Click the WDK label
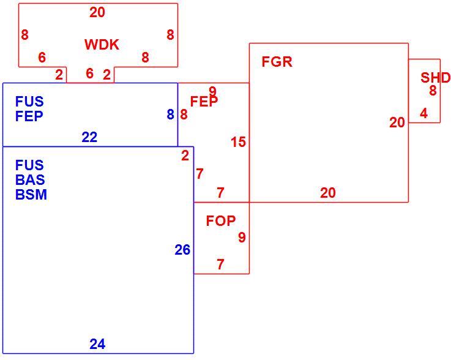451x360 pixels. point(102,45)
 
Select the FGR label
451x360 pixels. point(277,62)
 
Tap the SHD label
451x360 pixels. point(436,78)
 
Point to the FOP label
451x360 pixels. point(221,221)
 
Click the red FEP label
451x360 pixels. point(204,101)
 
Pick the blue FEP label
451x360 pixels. point(29,116)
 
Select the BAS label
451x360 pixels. point(30,180)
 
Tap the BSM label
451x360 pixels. point(31,195)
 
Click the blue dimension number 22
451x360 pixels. point(89,137)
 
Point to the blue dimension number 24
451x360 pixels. point(97,344)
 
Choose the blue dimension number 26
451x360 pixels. point(182,250)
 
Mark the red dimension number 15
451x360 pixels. point(239,142)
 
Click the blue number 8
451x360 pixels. point(171,114)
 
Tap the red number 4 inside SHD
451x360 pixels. point(423,113)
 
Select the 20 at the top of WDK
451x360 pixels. point(97,12)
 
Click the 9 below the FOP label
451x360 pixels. point(242,238)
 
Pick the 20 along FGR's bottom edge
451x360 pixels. point(328,193)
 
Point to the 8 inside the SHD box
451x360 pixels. point(433,91)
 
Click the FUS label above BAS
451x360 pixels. point(29,165)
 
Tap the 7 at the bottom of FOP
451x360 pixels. point(220,264)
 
